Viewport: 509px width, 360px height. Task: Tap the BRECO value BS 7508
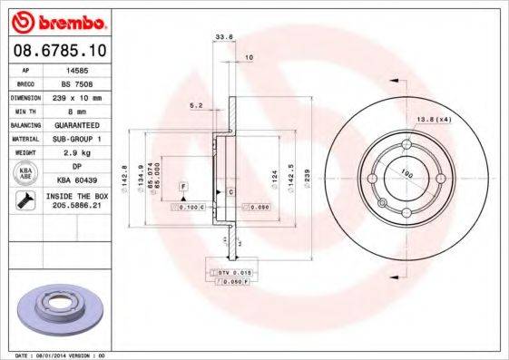click(x=76, y=82)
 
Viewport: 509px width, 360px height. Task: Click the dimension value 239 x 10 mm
click(x=76, y=95)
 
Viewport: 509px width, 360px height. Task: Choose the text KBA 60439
click(x=76, y=180)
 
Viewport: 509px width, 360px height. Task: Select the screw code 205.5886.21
click(x=76, y=207)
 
